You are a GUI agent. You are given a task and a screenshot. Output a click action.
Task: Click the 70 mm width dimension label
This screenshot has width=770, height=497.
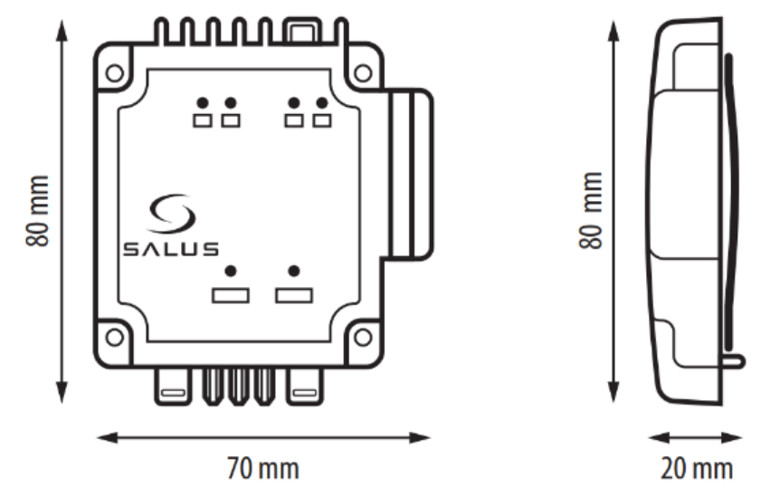point(262,469)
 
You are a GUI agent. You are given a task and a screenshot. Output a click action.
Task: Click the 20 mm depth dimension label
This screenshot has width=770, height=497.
point(697,469)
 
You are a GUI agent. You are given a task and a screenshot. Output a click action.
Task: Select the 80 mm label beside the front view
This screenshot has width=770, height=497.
point(38,211)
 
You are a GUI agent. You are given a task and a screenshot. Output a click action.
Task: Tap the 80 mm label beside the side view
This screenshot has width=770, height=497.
point(591,211)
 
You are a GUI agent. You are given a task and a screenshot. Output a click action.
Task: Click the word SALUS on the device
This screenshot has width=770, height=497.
point(171,249)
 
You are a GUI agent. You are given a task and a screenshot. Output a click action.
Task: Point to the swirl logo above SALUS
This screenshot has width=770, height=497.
point(172,213)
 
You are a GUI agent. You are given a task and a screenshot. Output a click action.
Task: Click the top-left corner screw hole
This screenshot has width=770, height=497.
point(114,73)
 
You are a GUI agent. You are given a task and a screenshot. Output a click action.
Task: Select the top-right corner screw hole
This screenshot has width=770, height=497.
point(363,73)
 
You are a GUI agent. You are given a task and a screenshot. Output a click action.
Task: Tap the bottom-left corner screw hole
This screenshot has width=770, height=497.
point(114,338)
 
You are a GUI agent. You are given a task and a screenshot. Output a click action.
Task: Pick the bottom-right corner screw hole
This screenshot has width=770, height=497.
point(363,338)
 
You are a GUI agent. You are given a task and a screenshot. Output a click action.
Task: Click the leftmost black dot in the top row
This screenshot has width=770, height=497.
point(203,103)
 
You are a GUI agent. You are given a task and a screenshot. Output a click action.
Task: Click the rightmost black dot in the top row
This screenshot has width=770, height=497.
point(322,103)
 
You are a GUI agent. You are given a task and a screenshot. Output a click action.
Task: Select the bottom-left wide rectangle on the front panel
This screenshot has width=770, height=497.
point(231,295)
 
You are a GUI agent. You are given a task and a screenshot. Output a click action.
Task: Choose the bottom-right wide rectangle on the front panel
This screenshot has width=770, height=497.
point(294,295)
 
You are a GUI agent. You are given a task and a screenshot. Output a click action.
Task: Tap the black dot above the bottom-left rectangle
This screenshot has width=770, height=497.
point(231,271)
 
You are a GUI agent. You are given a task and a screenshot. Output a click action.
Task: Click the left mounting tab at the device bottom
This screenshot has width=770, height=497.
point(174,387)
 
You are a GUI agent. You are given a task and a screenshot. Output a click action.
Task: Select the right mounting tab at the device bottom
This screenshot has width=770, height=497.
point(305,387)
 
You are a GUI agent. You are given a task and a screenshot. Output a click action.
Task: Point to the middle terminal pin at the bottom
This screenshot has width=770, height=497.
point(239,387)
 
